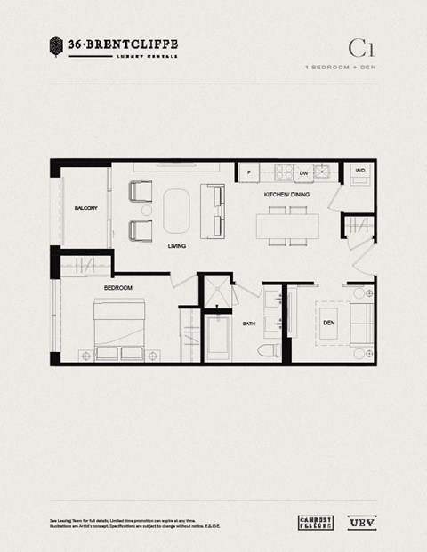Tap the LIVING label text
[177, 247]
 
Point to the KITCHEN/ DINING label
[286, 194]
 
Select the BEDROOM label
[118, 289]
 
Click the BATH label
[249, 324]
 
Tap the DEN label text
[329, 323]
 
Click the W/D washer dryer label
[360, 170]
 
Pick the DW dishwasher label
[303, 172]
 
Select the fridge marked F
[248, 172]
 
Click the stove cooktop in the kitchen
[283, 172]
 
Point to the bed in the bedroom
[119, 329]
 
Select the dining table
[287, 226]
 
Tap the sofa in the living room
[213, 210]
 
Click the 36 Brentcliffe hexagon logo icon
[56, 44]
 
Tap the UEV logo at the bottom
[361, 522]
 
